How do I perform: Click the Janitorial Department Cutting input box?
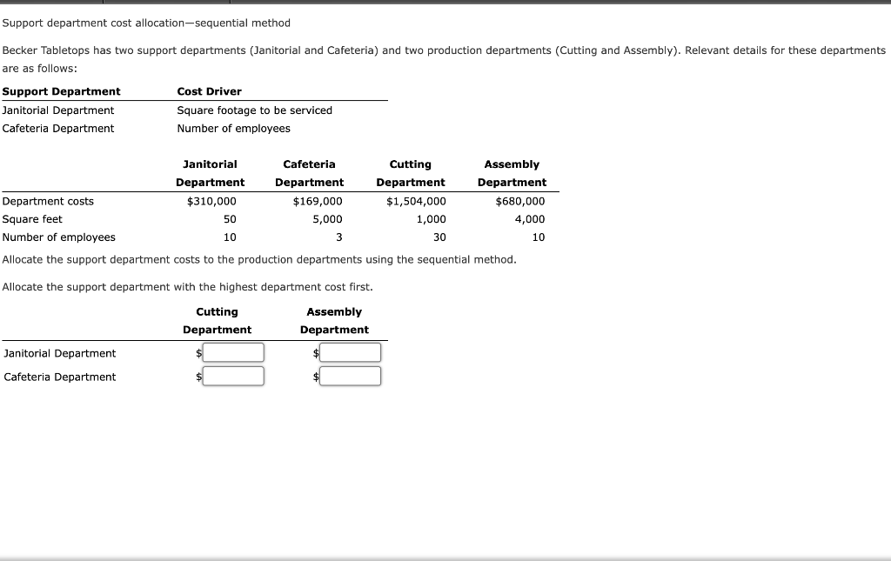[x=233, y=352]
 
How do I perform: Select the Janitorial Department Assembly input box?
[x=351, y=352]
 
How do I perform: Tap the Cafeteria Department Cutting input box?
[x=233, y=376]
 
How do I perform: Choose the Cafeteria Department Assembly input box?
[x=351, y=376]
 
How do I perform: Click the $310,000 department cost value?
[x=211, y=201]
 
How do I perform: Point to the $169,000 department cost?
[x=318, y=201]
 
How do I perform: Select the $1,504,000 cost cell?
[x=416, y=201]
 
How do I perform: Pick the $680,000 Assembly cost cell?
[x=520, y=201]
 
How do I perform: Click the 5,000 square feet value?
[x=327, y=219]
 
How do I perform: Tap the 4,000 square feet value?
[x=530, y=219]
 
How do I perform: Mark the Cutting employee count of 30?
[x=439, y=237]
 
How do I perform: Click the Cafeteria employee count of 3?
[x=338, y=237]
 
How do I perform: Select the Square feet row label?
[x=32, y=219]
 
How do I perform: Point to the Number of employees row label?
[x=59, y=237]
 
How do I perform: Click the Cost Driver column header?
[x=209, y=91]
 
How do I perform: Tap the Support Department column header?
[x=62, y=91]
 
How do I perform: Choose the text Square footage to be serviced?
[x=254, y=110]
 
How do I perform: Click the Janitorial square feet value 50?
[x=230, y=219]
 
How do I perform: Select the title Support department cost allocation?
[x=146, y=23]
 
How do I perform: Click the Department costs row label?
[x=48, y=201]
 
